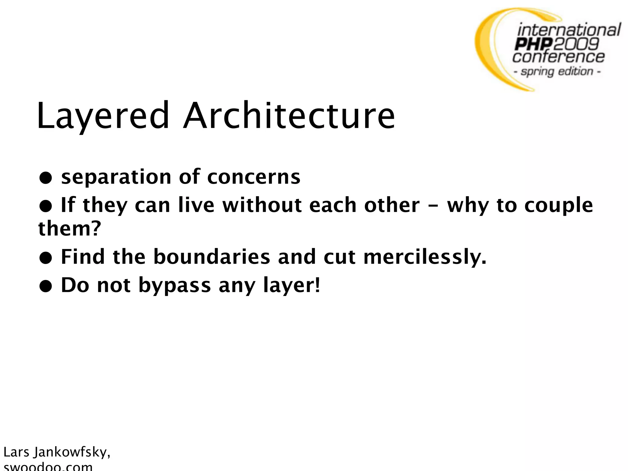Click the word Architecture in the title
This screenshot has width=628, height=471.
tap(289, 116)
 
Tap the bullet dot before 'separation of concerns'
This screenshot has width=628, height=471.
tap(46, 178)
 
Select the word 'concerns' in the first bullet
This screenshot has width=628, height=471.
tap(254, 177)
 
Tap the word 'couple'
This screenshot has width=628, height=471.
tap(558, 205)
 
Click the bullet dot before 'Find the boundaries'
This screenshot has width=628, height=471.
tap(46, 258)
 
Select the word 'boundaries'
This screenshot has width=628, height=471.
tap(212, 257)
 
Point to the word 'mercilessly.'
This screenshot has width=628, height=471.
tap(425, 257)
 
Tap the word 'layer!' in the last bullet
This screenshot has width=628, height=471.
tap(292, 285)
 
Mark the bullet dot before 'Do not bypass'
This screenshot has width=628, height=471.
tap(46, 286)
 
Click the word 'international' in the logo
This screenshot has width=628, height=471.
tap(569, 30)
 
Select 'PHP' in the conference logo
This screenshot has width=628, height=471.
tap(534, 44)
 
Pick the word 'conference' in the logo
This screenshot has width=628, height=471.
tap(558, 57)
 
